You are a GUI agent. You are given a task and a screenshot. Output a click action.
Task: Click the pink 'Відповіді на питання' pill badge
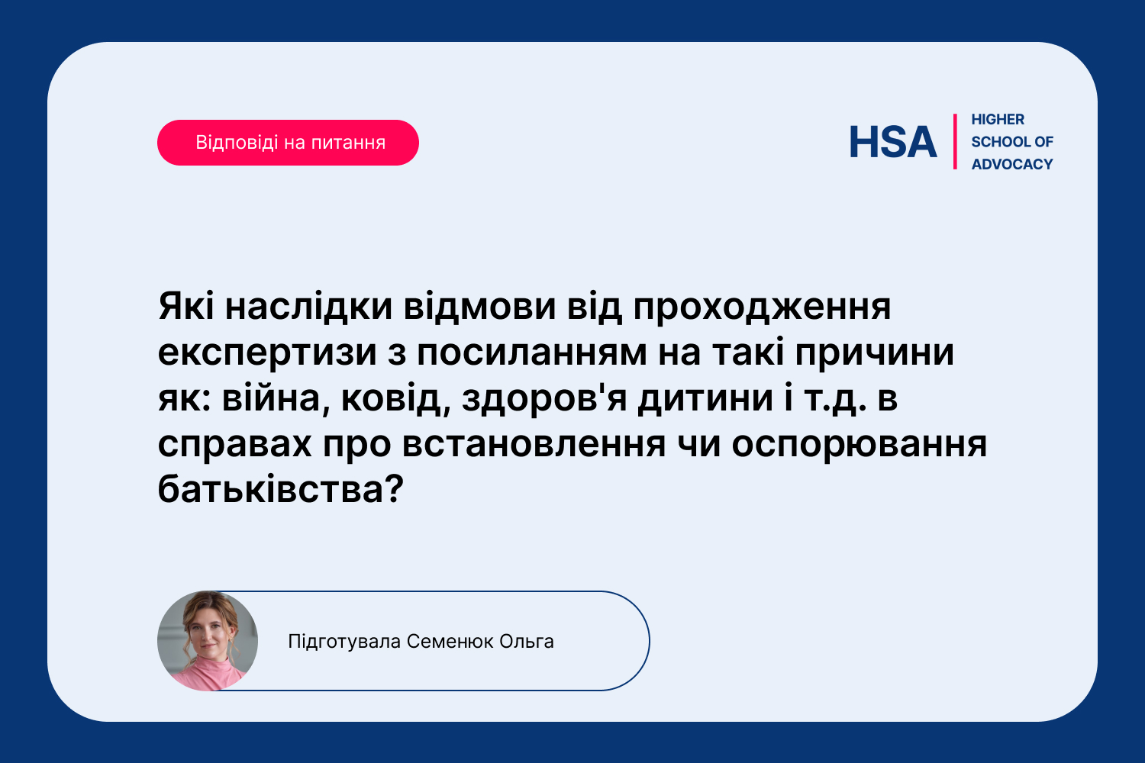tap(288, 143)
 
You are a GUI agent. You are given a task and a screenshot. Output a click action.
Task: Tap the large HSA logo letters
tap(893, 142)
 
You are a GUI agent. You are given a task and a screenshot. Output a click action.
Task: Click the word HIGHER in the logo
tap(998, 120)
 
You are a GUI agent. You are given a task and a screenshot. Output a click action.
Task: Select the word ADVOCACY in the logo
tap(1012, 165)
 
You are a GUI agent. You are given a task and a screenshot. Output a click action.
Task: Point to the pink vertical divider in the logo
tap(955, 142)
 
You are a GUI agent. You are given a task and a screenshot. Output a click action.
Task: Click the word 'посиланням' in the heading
tap(532, 353)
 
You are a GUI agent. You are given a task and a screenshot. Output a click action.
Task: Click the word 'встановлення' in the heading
tap(534, 445)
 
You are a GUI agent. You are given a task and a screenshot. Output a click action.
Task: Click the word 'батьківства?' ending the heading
tap(281, 490)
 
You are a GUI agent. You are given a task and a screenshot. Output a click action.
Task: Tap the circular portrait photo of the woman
tap(208, 641)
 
